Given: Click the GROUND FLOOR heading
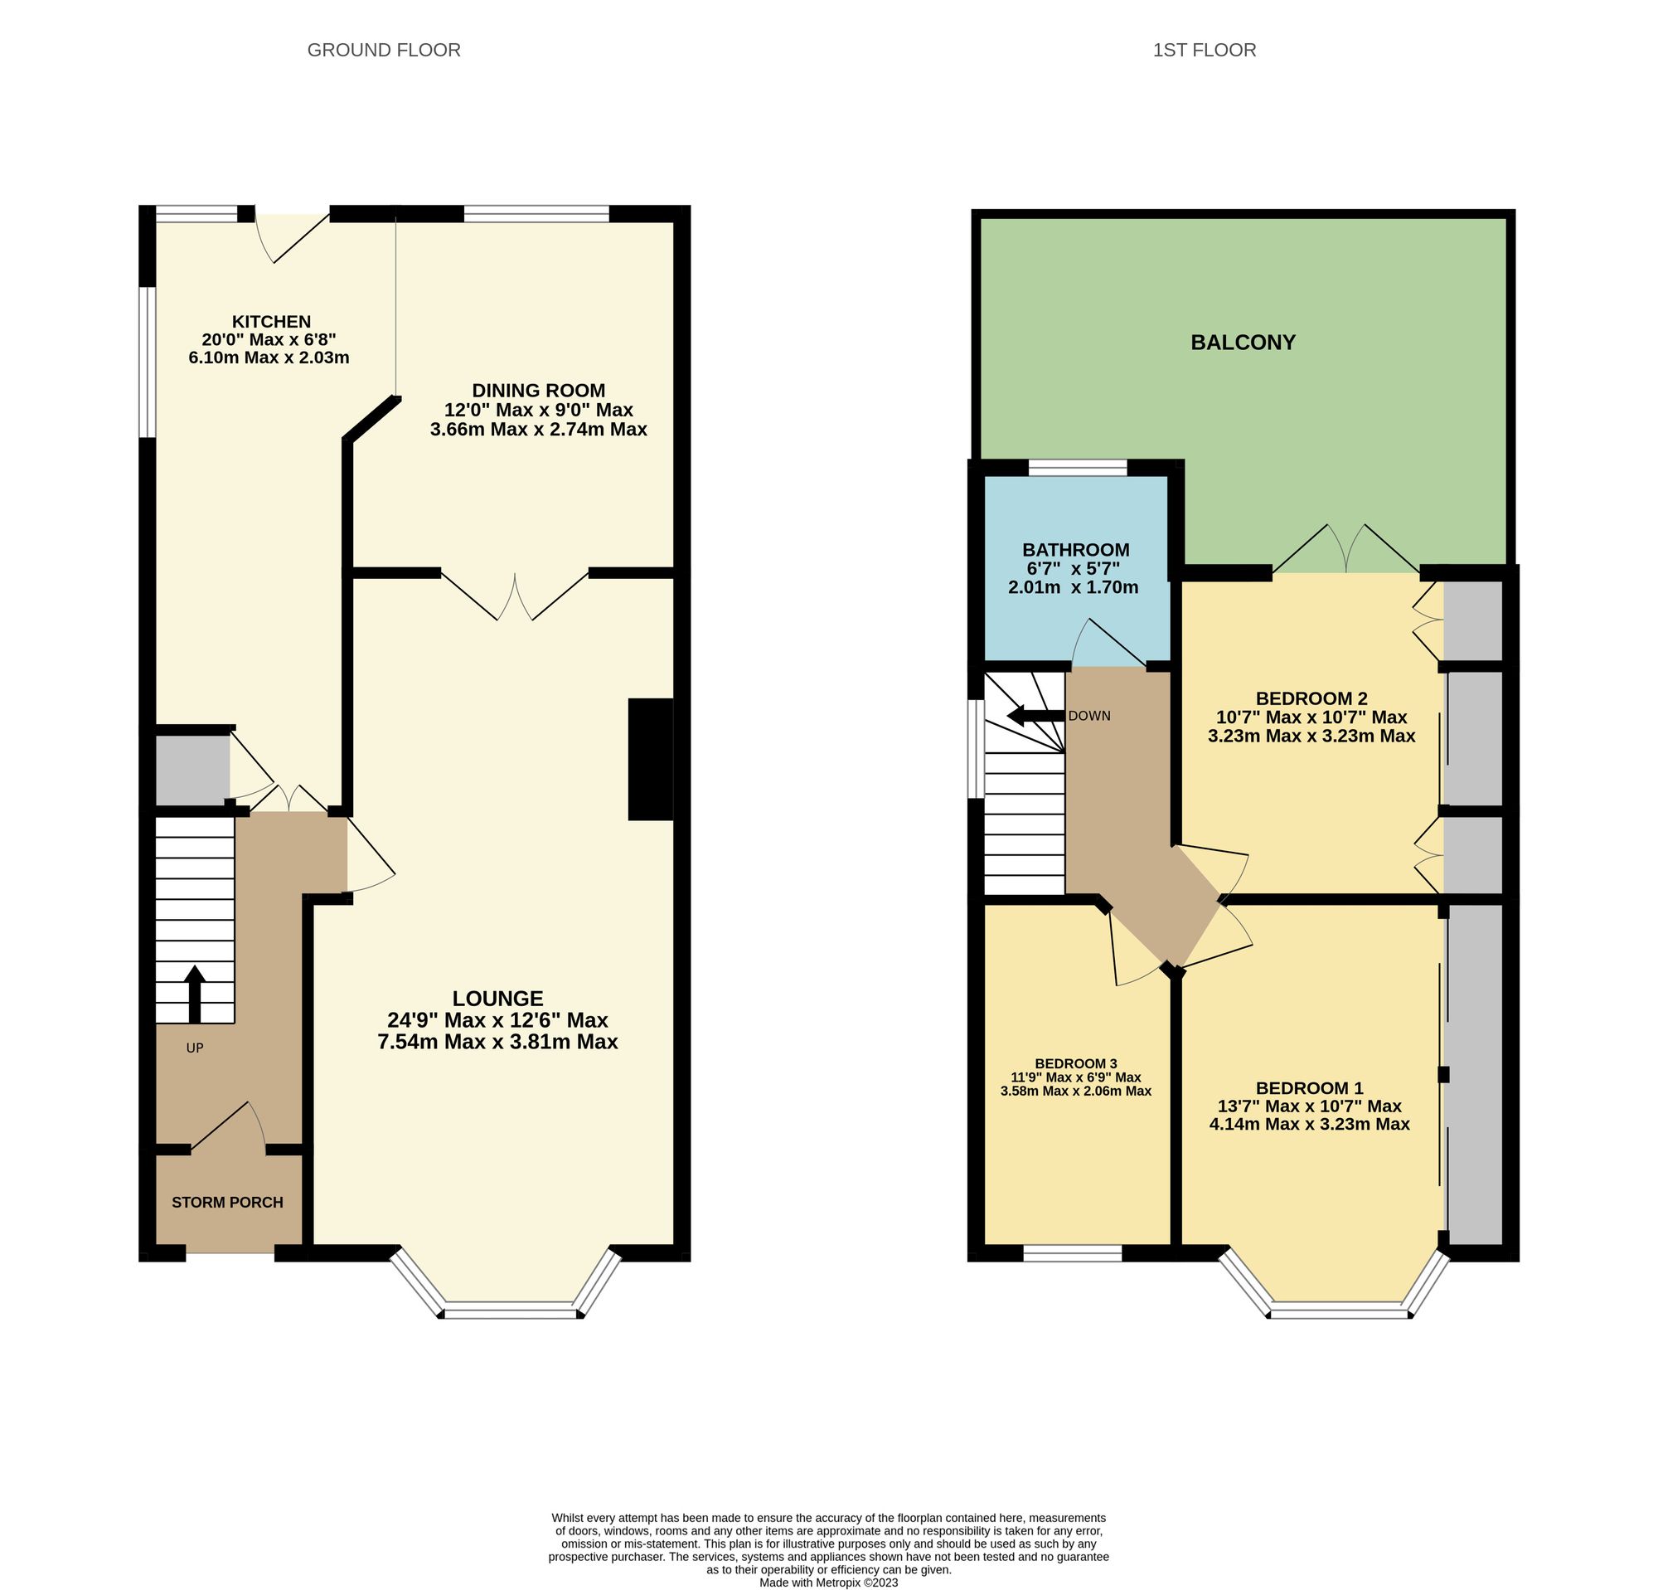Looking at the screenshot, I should (383, 51).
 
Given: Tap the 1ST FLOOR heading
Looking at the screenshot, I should (1204, 51).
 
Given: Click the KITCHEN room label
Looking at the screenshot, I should (272, 322).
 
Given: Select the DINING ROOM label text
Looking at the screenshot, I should (538, 391).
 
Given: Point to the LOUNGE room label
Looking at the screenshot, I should (497, 999).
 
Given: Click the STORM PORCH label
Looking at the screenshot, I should (226, 1203).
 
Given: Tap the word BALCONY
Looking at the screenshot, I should (1243, 343).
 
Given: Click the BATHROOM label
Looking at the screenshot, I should (1075, 550).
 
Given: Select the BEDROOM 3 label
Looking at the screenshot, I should (1076, 1063).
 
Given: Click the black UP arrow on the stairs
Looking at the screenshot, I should (195, 994).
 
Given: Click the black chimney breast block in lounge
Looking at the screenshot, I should (650, 759).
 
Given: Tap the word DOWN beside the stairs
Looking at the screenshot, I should (1088, 716).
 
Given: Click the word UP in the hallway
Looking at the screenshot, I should (195, 1048).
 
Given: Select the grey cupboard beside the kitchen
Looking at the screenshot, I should (192, 769).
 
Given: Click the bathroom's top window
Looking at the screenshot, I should (1077, 468).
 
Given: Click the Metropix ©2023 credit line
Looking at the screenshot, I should (828, 1582).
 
